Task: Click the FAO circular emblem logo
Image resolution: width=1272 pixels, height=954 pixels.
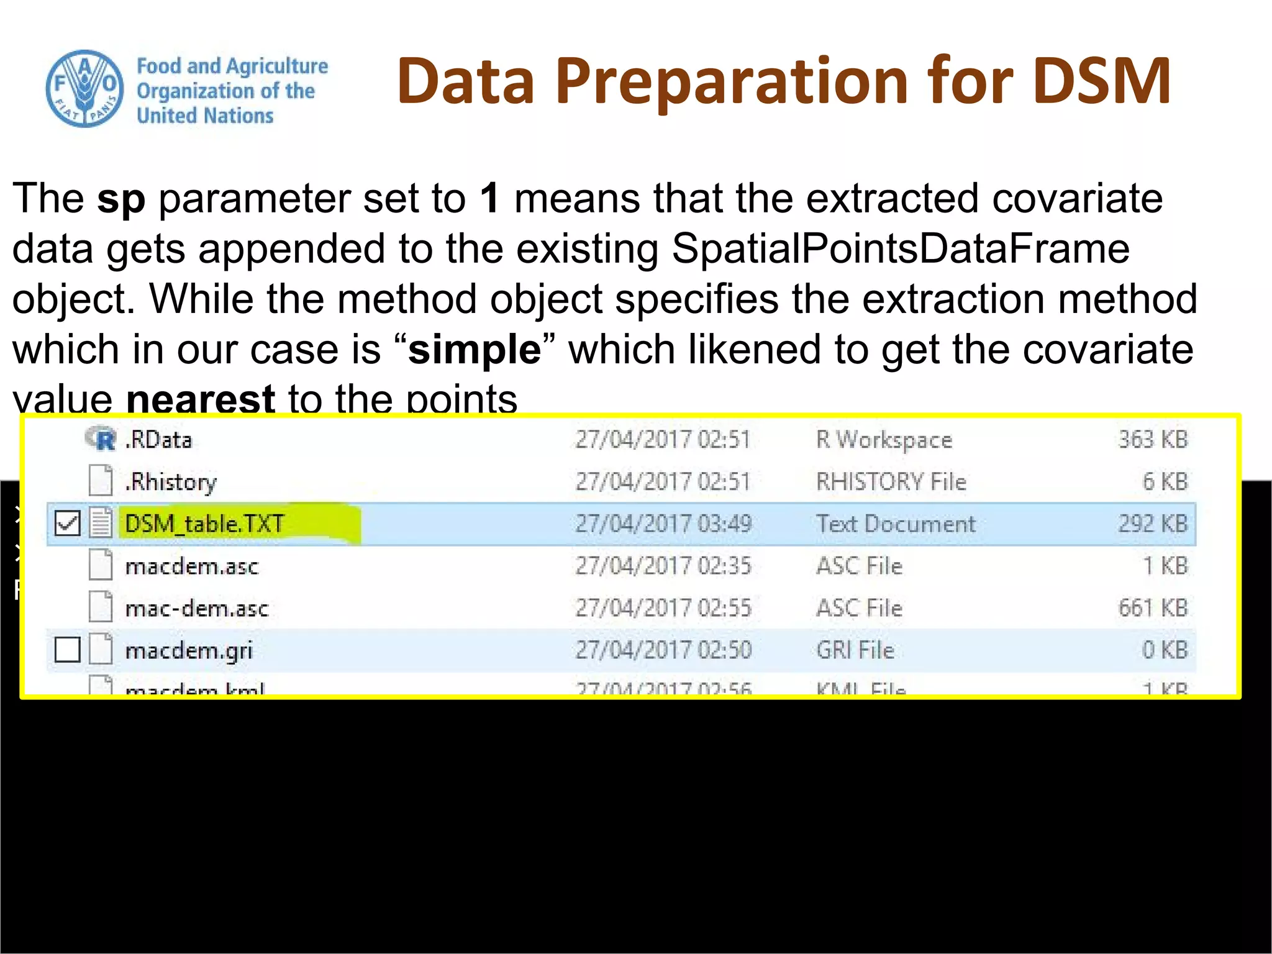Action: [x=84, y=89]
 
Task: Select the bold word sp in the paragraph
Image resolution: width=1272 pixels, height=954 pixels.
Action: [x=121, y=199]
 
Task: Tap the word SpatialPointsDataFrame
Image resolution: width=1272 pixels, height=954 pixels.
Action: [x=901, y=249]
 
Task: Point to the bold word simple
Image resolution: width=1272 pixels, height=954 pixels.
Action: [x=475, y=350]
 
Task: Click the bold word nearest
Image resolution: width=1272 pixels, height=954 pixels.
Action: [x=200, y=399]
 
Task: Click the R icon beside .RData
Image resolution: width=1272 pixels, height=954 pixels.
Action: [x=101, y=439]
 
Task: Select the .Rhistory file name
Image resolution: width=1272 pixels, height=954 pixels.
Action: [x=171, y=482]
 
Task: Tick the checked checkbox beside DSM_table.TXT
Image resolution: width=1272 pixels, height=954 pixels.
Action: [x=67, y=523]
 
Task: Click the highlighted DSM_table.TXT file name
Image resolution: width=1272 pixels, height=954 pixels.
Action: [x=204, y=524]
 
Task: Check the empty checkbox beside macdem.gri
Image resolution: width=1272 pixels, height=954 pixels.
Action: [x=67, y=650]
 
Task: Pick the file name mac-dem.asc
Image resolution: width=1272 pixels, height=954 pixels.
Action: [x=197, y=609]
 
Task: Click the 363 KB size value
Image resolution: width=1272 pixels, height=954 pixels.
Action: [x=1153, y=440]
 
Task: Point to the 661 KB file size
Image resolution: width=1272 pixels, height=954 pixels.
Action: [x=1153, y=608]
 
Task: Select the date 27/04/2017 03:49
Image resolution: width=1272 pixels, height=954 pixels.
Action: [x=663, y=524]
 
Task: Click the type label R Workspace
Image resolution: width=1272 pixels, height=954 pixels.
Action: [x=884, y=440]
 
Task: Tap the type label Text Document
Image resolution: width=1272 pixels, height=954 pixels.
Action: [x=896, y=524]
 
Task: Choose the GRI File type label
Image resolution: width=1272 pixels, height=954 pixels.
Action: [x=855, y=650]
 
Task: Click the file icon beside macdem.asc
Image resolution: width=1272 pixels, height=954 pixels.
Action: [x=101, y=565]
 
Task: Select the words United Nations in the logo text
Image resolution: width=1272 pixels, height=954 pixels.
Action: [x=205, y=116]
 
